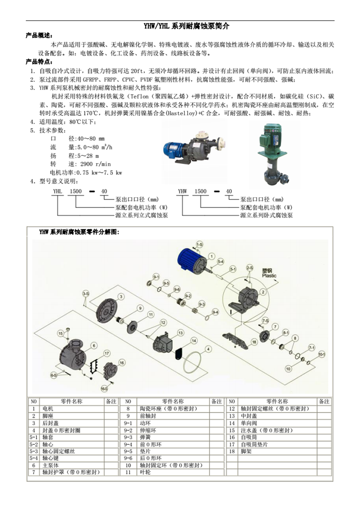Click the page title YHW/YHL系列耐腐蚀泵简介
[x=186, y=26]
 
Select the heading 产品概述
[x=39, y=36]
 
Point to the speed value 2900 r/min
[x=95, y=164]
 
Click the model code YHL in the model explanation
[x=58, y=191]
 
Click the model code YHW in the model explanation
[x=182, y=191]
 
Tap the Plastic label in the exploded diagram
[x=269, y=276]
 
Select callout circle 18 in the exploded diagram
[x=254, y=342]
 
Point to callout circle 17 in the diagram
[x=107, y=353]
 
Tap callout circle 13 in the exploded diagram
[x=180, y=333]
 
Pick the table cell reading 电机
[x=48, y=409]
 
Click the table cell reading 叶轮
[x=145, y=472]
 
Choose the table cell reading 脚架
[x=246, y=451]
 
